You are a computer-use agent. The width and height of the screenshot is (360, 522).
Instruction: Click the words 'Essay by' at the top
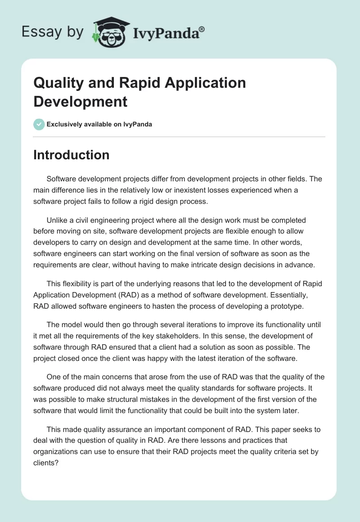click(53, 32)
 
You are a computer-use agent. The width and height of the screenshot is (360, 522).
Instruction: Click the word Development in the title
click(81, 101)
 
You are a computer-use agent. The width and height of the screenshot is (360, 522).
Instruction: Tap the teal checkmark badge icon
click(39, 124)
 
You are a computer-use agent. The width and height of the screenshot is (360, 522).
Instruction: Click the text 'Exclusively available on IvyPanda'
click(99, 124)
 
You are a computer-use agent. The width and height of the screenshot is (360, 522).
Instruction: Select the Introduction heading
click(72, 155)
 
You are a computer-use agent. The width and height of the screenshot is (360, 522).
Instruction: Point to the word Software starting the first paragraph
click(61, 179)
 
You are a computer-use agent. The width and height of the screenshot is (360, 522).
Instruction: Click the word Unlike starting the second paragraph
click(56, 220)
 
